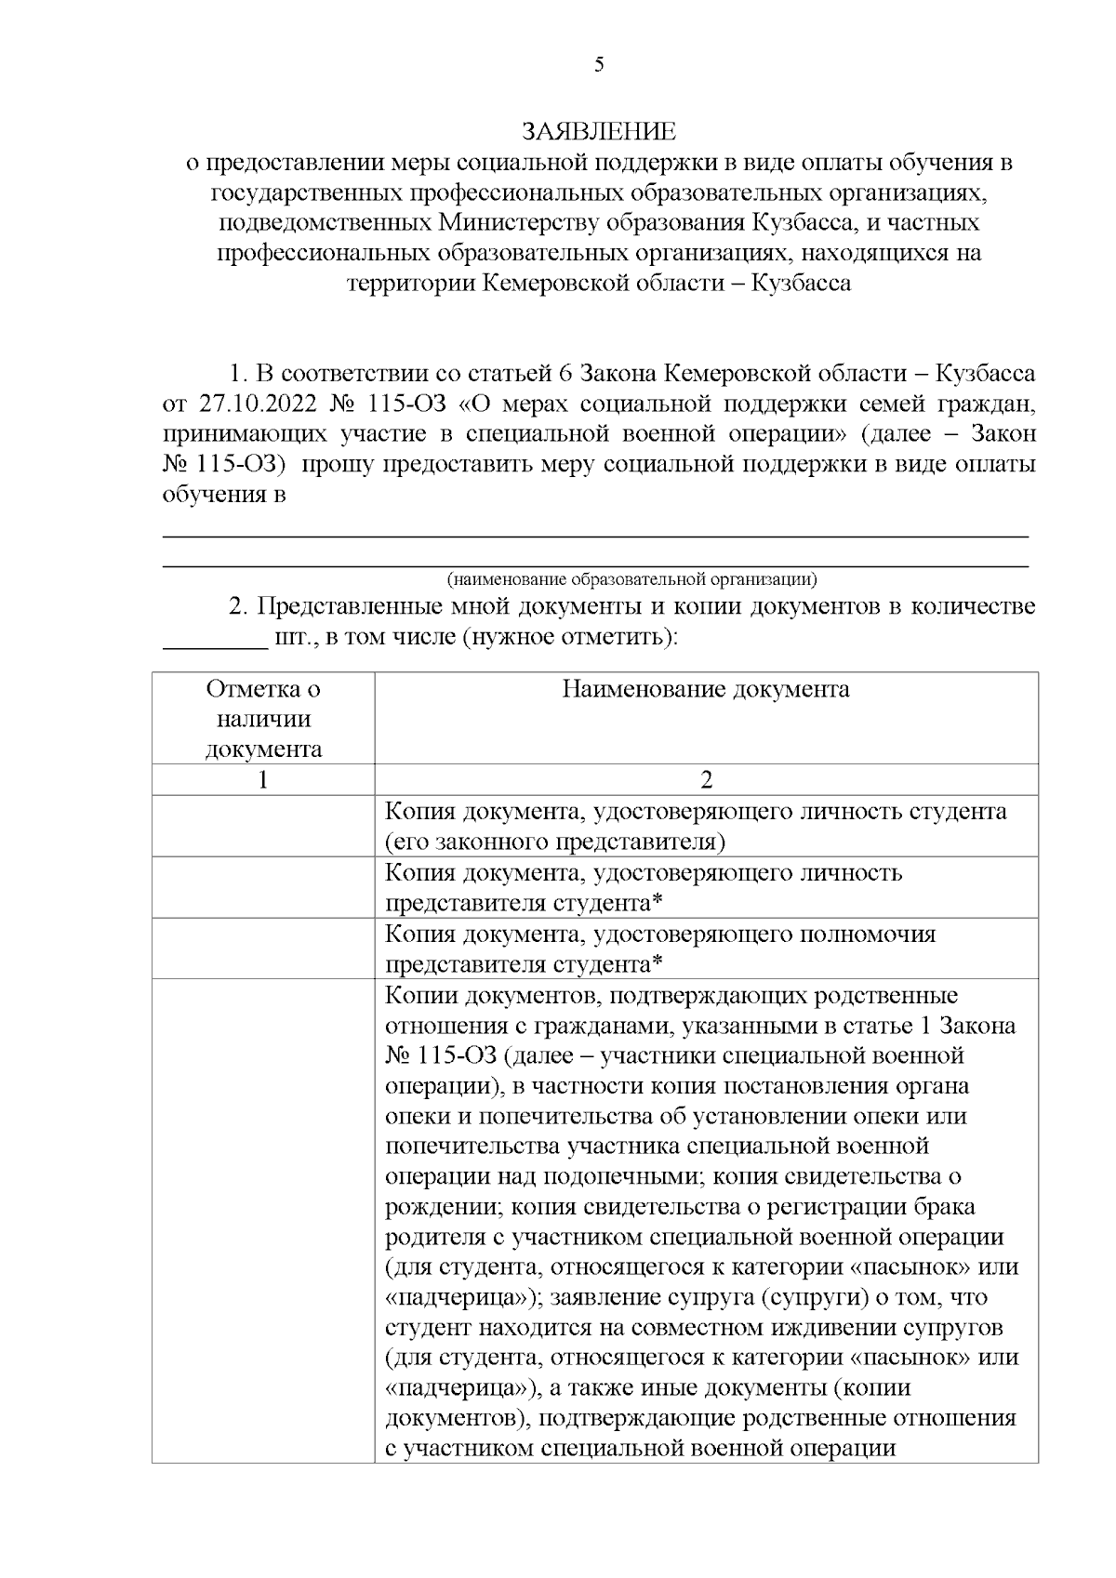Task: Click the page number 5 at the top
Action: click(x=599, y=64)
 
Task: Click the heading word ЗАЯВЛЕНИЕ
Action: click(x=599, y=131)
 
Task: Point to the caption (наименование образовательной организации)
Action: click(x=631, y=579)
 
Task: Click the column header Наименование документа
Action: click(x=705, y=689)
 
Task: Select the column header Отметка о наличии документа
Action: click(x=263, y=719)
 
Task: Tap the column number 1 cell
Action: click(x=263, y=779)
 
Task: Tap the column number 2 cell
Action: click(x=706, y=779)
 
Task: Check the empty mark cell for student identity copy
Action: click(x=263, y=826)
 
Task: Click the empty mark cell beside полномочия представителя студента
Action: click(x=263, y=948)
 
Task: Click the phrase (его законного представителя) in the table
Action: click(x=555, y=842)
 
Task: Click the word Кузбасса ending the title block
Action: click(x=801, y=283)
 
